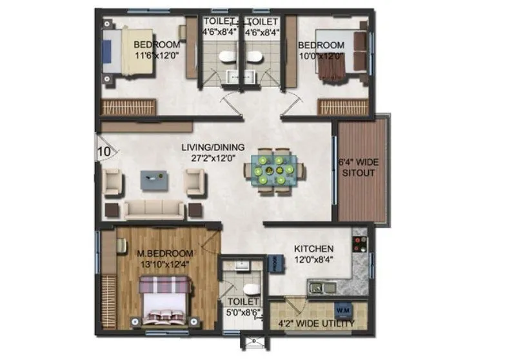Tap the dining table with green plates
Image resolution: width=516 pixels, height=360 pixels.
click(x=275, y=170)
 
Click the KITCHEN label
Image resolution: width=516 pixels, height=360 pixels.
click(x=313, y=248)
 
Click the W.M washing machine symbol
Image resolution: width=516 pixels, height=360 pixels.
click(x=342, y=310)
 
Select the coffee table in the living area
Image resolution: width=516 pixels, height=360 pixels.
click(x=154, y=180)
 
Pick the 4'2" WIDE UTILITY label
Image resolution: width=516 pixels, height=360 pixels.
click(x=316, y=323)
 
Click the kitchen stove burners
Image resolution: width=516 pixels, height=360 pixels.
click(x=358, y=244)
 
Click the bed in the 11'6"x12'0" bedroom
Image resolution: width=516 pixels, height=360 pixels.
click(x=130, y=52)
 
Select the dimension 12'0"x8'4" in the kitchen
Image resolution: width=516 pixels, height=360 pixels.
click(x=313, y=259)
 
